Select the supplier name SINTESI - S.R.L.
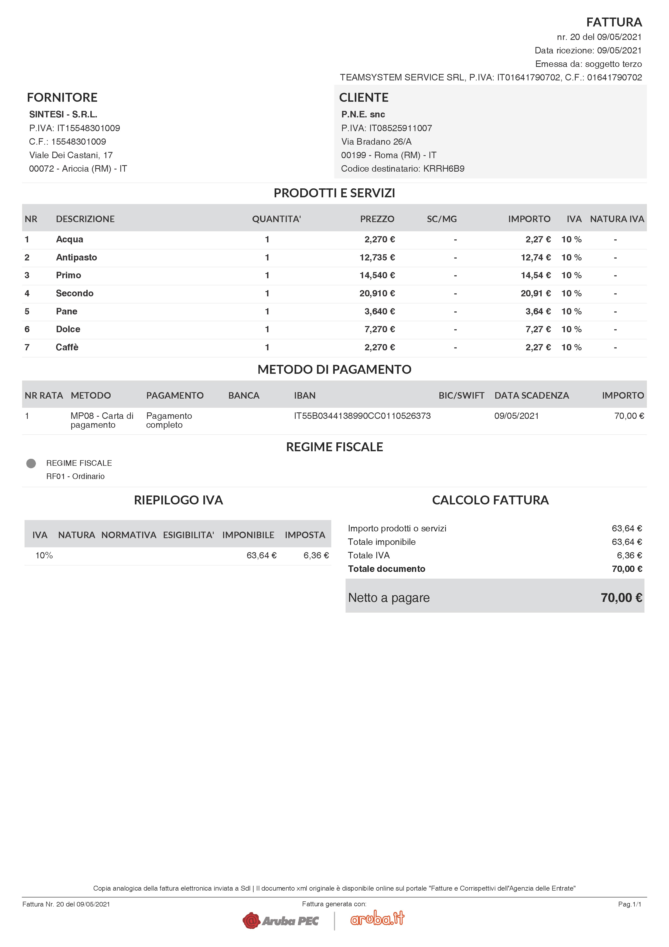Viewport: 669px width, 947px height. [63, 114]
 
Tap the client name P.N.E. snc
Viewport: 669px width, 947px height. [363, 114]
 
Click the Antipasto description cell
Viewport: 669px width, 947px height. [76, 257]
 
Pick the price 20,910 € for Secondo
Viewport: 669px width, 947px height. [377, 293]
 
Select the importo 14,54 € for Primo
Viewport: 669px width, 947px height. [535, 275]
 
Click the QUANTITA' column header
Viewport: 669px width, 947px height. [276, 219]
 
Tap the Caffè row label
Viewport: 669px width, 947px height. [67, 347]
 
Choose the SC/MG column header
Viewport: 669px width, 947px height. [442, 219]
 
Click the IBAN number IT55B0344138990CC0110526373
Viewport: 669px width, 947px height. [362, 416]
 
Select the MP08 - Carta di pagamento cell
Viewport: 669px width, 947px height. [101, 420]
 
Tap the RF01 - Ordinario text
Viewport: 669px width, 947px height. [76, 476]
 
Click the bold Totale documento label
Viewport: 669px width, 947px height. [386, 569]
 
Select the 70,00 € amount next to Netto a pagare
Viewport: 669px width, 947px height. [621, 598]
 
